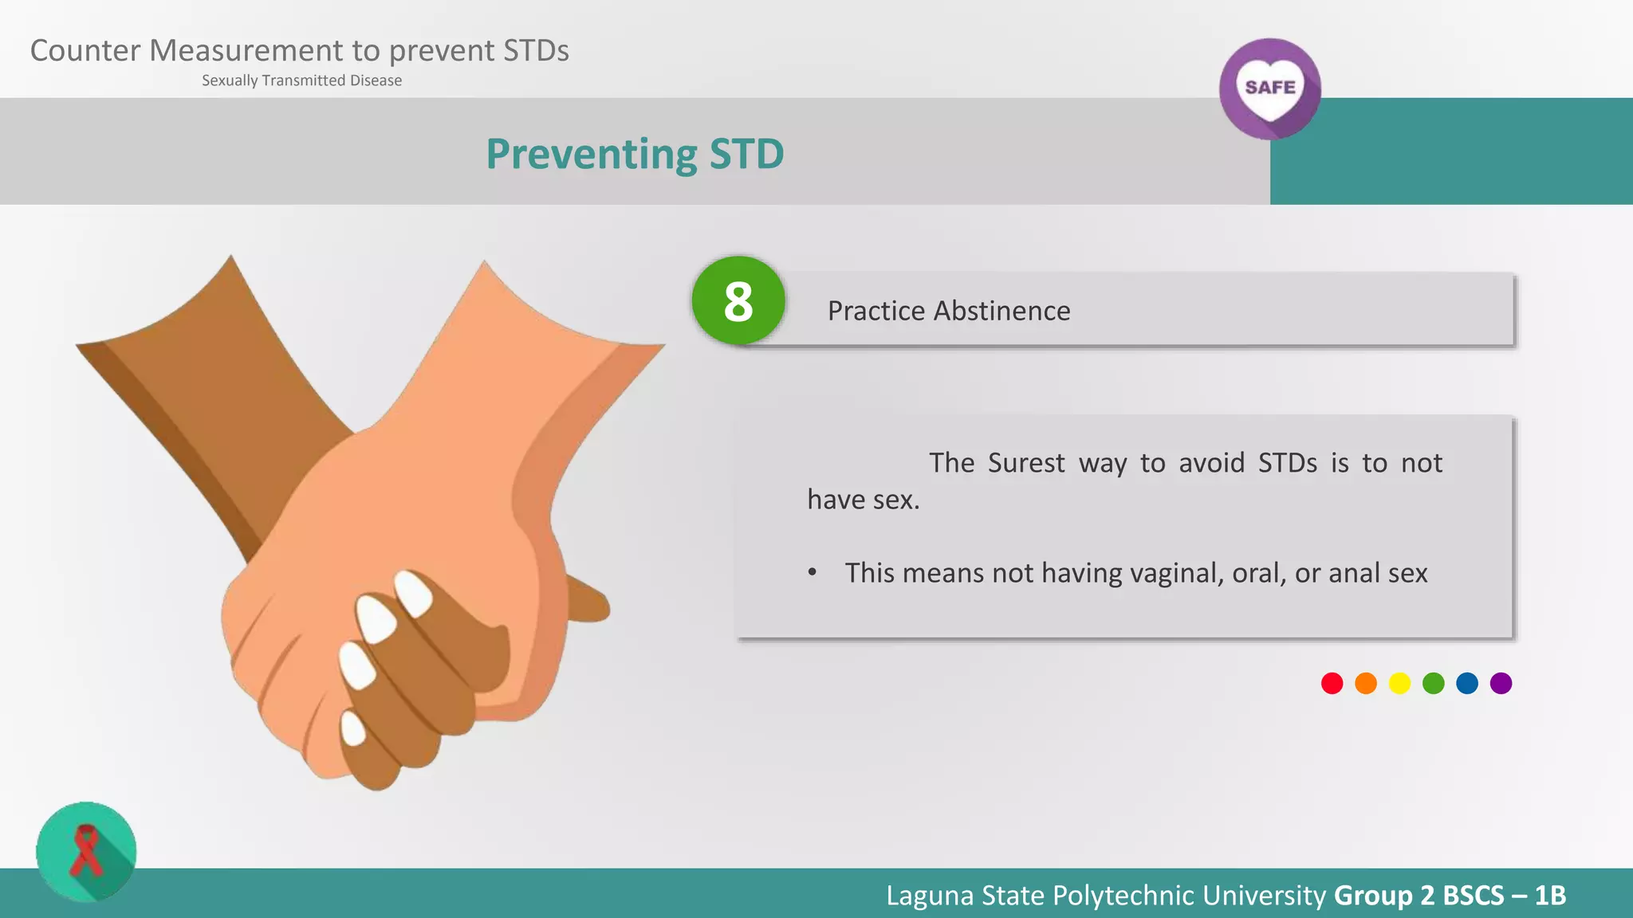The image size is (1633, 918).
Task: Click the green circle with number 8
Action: (x=738, y=301)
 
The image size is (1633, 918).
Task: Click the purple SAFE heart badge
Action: (x=1269, y=88)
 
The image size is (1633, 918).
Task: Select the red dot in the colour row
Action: (x=1332, y=684)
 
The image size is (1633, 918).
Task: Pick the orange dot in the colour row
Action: (x=1366, y=684)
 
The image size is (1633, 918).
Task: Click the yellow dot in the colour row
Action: (x=1399, y=684)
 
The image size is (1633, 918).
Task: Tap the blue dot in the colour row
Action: (x=1467, y=684)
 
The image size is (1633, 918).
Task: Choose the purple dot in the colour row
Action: (x=1501, y=684)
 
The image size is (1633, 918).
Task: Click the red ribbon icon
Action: (x=86, y=851)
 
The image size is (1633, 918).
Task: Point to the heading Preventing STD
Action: (x=635, y=154)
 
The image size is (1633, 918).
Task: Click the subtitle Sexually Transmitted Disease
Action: (x=301, y=80)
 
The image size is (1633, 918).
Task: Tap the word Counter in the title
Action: (x=85, y=51)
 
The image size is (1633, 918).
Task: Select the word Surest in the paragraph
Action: (x=1026, y=463)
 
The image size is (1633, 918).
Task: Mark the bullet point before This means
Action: (x=812, y=573)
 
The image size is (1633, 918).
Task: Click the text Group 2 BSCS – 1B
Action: (x=1450, y=895)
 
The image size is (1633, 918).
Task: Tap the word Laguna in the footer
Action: (x=931, y=895)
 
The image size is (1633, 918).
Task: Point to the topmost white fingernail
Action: (x=414, y=592)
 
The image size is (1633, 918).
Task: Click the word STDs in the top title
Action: (x=536, y=51)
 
